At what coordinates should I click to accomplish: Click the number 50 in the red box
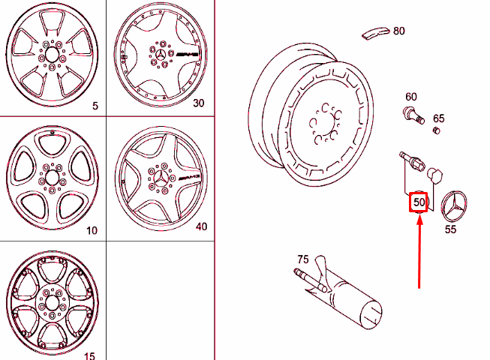(x=419, y=202)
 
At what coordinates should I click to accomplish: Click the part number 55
(x=450, y=230)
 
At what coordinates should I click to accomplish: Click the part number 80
(x=398, y=31)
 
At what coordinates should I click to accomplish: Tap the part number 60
(x=411, y=97)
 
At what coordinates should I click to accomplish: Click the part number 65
(x=439, y=118)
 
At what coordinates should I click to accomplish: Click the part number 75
(x=302, y=259)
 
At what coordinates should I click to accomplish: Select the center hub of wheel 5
(x=50, y=55)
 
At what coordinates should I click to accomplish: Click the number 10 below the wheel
(x=92, y=230)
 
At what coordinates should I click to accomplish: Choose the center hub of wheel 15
(x=50, y=301)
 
